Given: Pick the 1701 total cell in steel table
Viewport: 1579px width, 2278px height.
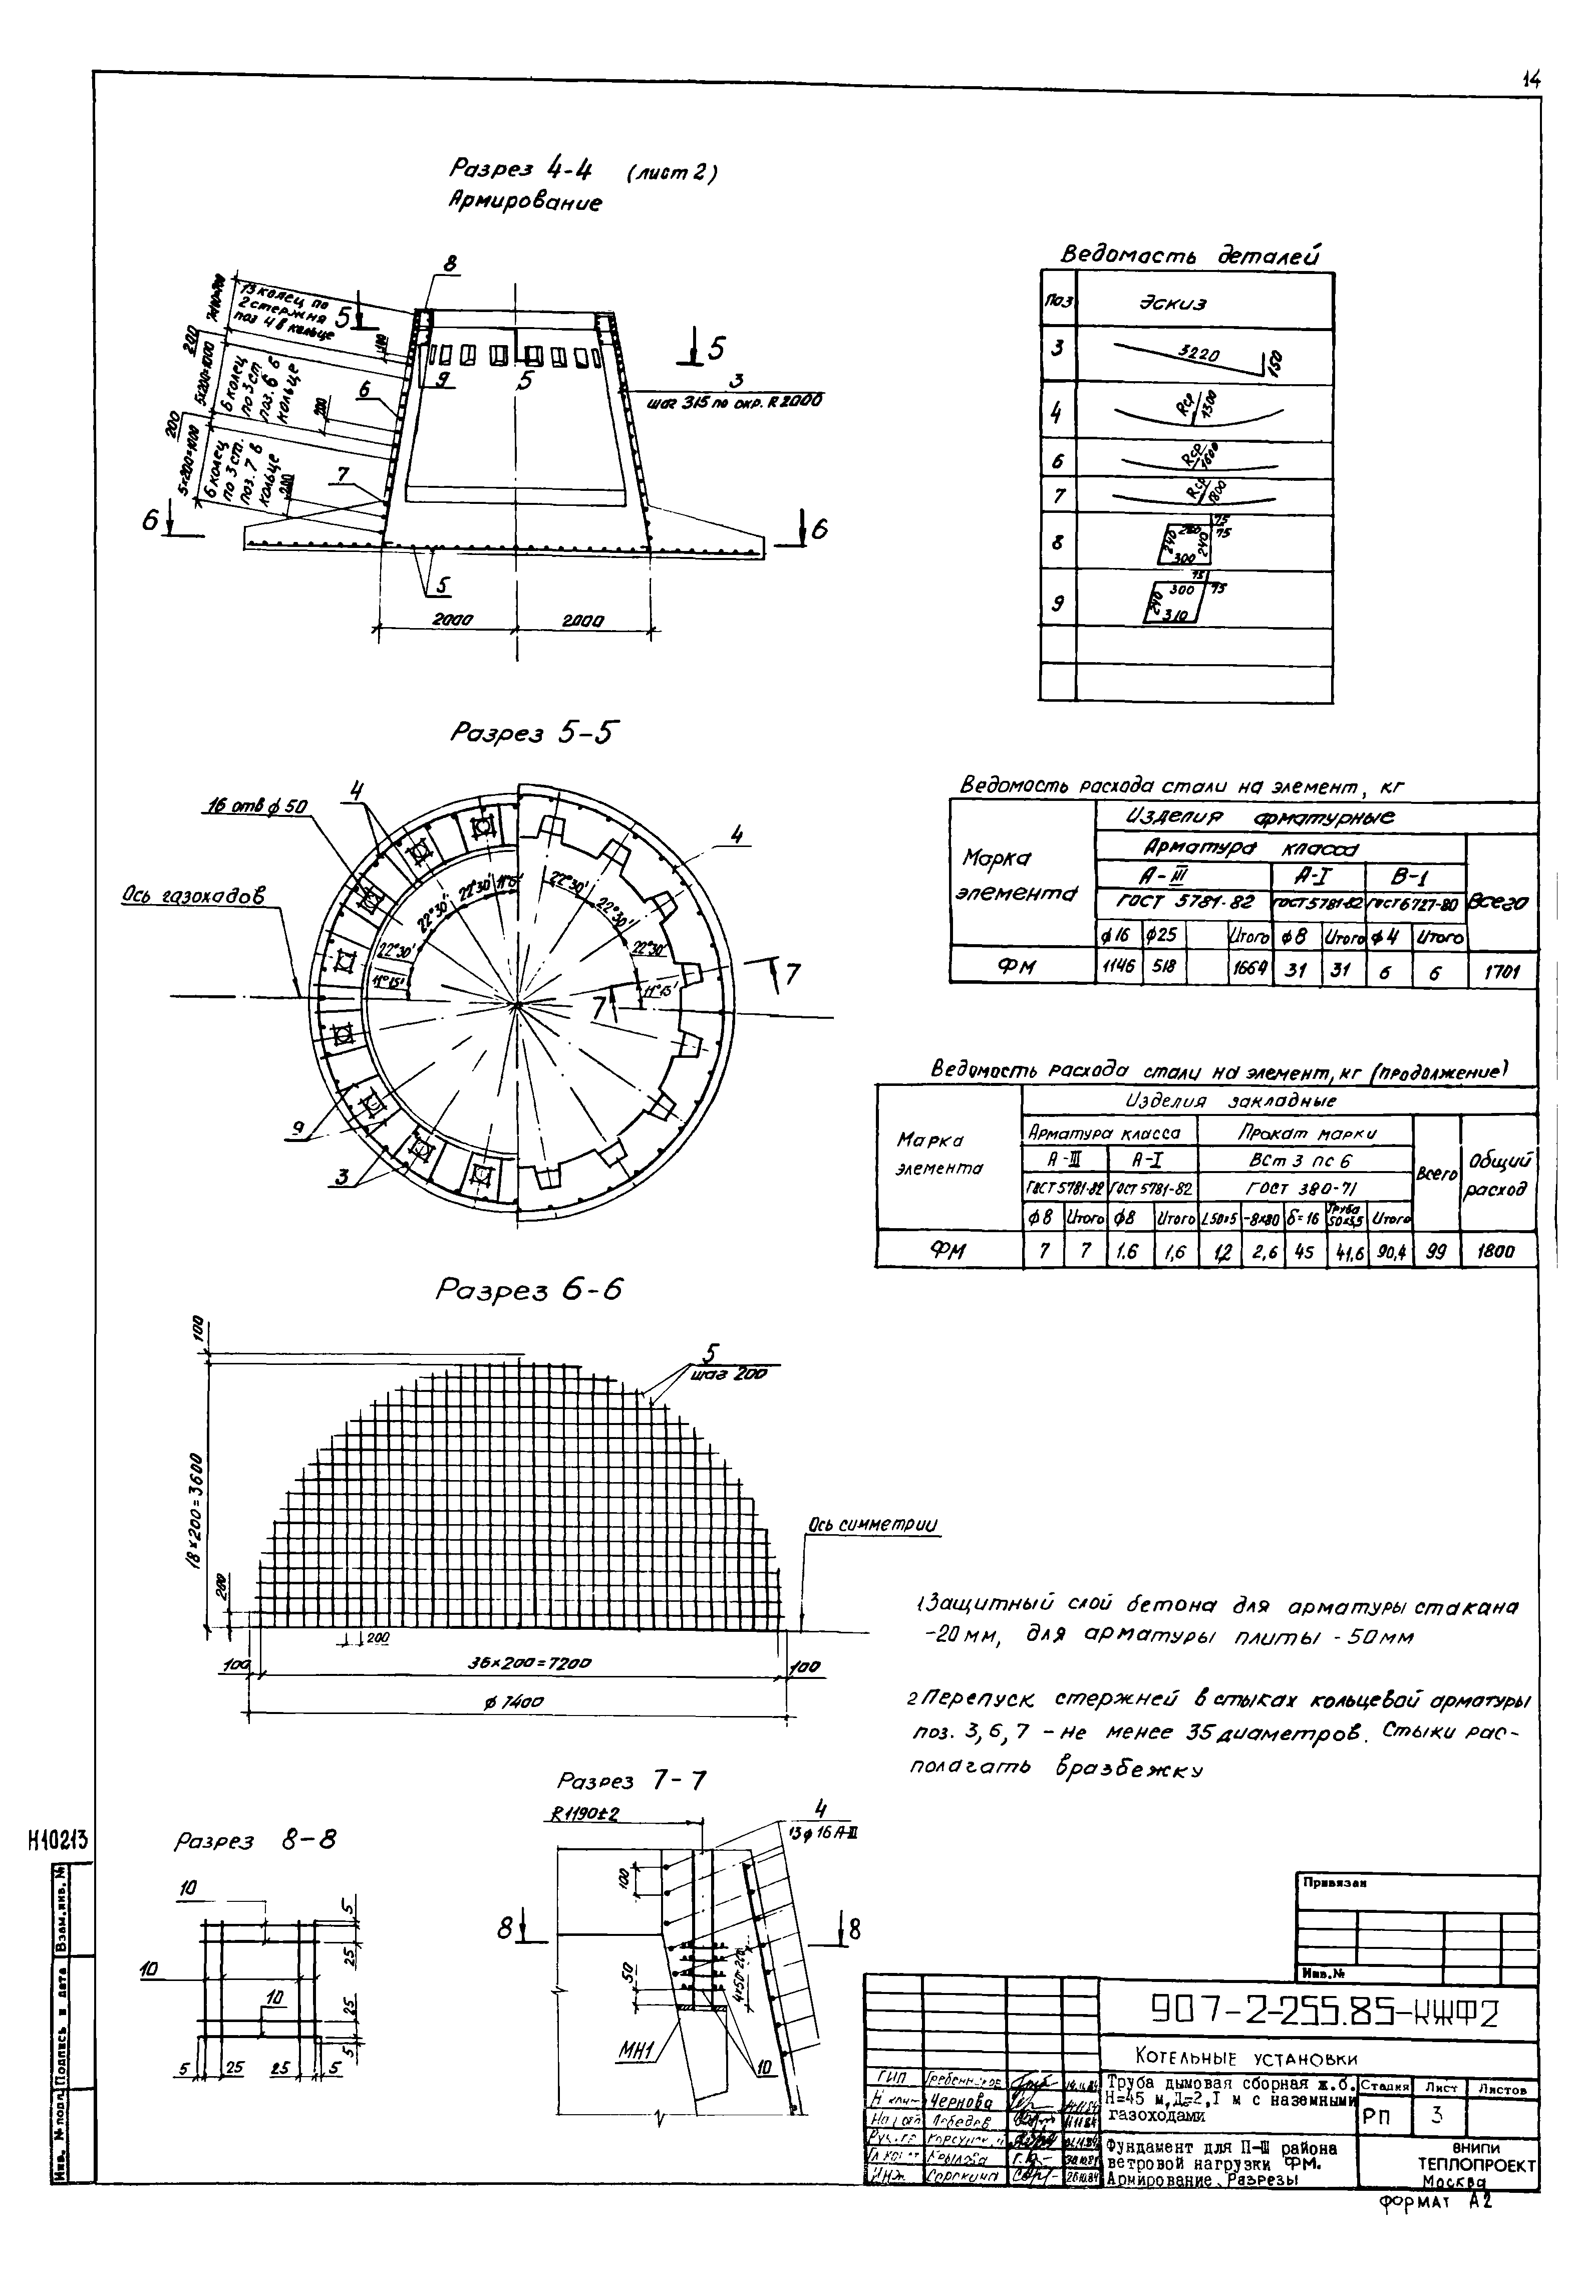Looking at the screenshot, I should click(1502, 973).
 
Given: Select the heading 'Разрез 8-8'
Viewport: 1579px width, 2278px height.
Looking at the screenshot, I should click(254, 1841).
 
